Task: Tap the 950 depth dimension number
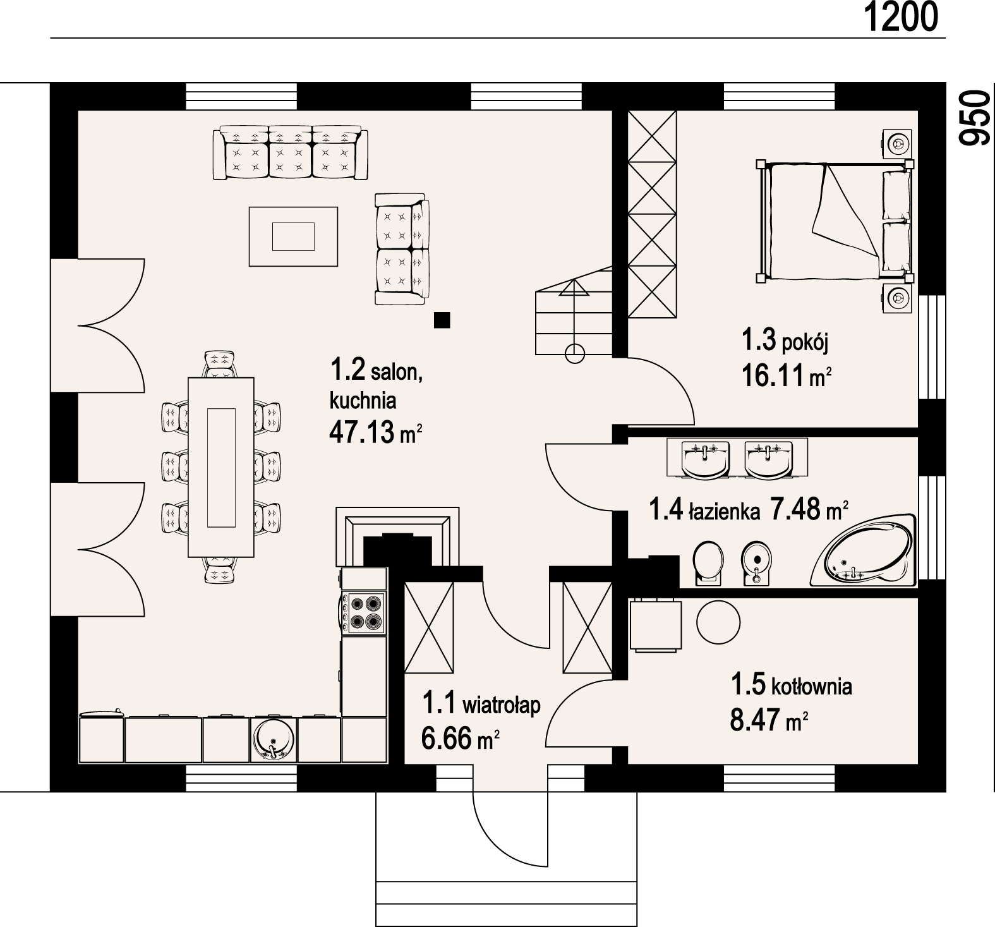[973, 118]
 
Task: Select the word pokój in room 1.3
[805, 343]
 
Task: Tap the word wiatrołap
[502, 704]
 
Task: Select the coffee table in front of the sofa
[293, 236]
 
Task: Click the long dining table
[221, 468]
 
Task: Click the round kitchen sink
[273, 739]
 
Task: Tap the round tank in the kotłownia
[718, 622]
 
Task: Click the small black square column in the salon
[442, 320]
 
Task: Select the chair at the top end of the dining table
[220, 365]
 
